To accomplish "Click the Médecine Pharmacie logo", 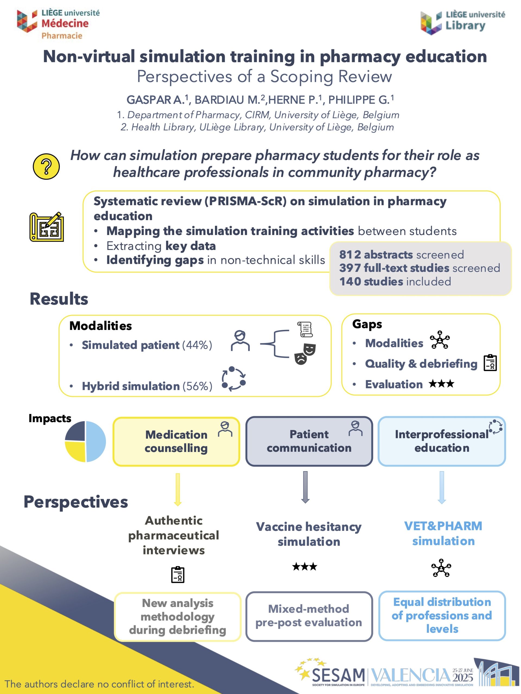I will tap(58, 24).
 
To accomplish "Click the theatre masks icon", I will tap(305, 354).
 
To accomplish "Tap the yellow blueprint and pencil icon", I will tap(46, 227).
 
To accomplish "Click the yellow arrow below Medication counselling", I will tap(178, 489).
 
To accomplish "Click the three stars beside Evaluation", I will tap(441, 384).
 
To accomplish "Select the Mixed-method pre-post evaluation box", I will tap(309, 616).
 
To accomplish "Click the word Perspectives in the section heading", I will tap(76, 502).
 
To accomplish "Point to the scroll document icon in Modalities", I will tap(305, 329).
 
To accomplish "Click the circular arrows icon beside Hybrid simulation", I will tap(234, 379).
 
